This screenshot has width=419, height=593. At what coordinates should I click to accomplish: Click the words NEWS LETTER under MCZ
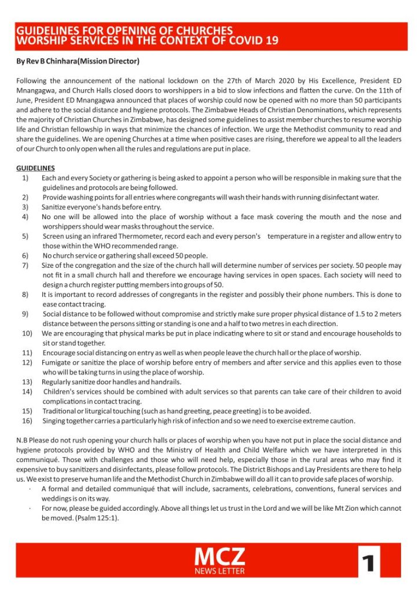219,571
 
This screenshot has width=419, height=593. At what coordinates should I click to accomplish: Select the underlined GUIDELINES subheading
35,168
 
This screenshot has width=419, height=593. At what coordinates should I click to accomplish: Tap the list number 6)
25,255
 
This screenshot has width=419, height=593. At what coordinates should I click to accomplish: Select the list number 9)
25,314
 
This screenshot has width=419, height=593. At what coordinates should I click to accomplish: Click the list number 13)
27,382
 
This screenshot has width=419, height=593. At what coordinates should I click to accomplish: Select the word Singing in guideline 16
55,421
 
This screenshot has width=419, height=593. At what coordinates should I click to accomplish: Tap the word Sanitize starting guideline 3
56,206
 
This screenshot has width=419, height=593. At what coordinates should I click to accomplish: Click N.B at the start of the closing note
21,440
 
